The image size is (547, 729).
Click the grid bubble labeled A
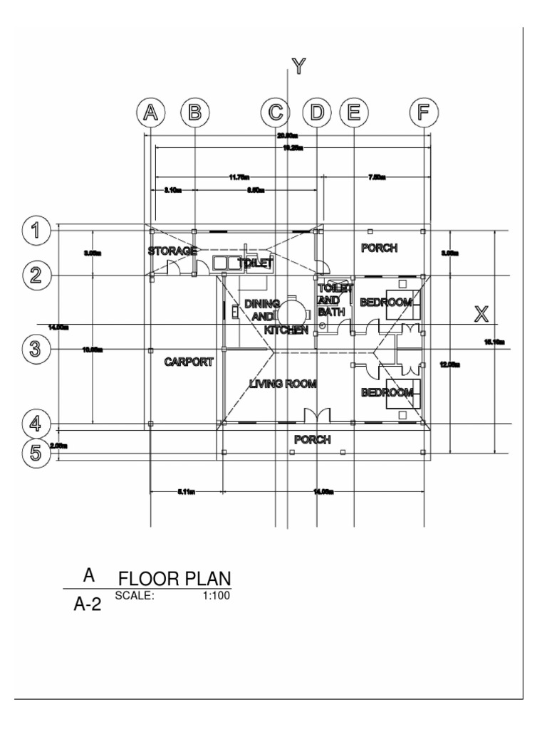click(150, 112)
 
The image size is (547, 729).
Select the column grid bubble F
click(424, 112)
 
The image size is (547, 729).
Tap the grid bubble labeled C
click(275, 112)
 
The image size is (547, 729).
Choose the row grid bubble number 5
click(35, 453)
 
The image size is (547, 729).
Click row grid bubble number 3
click(35, 349)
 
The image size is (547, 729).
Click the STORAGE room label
click(172, 251)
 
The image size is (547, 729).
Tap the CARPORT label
click(189, 362)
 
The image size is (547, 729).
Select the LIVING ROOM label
click(283, 384)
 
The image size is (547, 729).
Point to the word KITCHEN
click(286, 330)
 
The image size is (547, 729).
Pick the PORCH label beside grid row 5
click(313, 439)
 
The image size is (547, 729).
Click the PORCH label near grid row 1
click(379, 248)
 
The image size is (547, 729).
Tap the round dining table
click(293, 311)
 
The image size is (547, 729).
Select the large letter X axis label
click(482, 313)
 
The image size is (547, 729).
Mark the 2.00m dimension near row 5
click(58, 446)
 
